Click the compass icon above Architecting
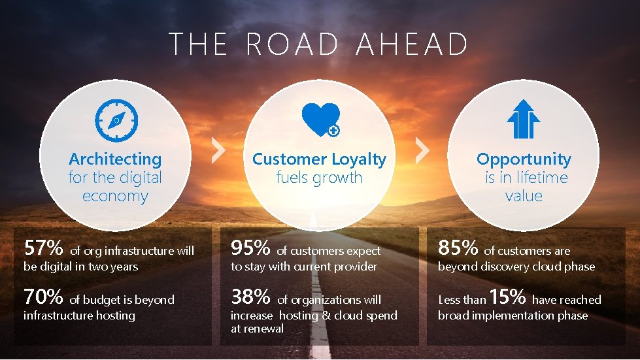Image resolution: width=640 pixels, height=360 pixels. tap(116, 120)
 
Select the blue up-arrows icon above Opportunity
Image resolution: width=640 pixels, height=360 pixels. tap(523, 119)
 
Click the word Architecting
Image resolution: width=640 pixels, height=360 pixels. tap(115, 159)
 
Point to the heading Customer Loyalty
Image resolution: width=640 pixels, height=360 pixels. tap(319, 159)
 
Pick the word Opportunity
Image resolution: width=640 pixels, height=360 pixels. tap(524, 159)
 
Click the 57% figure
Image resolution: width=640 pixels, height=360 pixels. tap(43, 248)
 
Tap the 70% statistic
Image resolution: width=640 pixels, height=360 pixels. tap(43, 297)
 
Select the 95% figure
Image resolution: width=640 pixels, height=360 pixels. tap(250, 248)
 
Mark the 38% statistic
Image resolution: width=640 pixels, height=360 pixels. tap(250, 297)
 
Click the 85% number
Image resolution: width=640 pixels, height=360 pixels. tap(458, 248)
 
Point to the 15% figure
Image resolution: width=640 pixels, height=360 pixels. tap(507, 297)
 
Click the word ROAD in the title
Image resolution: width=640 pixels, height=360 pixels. tap(293, 44)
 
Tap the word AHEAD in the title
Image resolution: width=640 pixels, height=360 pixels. tap(412, 44)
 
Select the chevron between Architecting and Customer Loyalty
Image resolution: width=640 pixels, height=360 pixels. tap(219, 152)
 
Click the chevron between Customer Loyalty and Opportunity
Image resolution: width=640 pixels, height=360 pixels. tap(423, 152)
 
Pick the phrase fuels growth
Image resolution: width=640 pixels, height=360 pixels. tap(319, 178)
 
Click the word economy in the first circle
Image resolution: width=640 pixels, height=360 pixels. tap(115, 196)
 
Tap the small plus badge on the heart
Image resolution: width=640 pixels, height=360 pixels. tap(333, 131)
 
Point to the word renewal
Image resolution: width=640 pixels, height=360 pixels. tap(263, 329)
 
